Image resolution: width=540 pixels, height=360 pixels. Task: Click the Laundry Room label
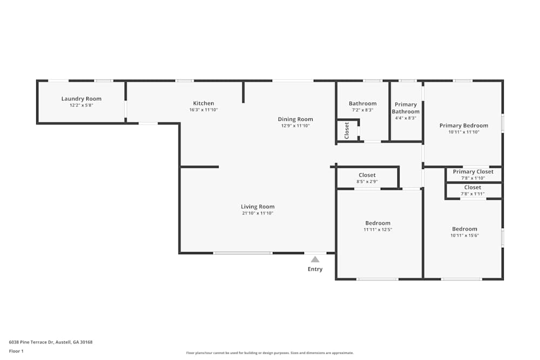pos(82,99)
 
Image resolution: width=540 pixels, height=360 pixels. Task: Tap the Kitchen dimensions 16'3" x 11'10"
pos(204,110)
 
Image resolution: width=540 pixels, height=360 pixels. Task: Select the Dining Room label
pos(295,119)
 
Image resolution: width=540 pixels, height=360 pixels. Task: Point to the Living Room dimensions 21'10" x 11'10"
pos(258,213)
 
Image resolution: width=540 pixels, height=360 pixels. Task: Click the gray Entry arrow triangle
pos(315,259)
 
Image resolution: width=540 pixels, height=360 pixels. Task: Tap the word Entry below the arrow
pos(315,269)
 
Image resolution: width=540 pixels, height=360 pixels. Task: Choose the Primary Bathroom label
pos(406,108)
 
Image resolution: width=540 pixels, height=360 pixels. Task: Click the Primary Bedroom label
pos(464,126)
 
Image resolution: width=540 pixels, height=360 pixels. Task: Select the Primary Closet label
pos(473,172)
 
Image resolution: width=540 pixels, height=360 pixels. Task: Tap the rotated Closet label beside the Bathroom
pos(347,131)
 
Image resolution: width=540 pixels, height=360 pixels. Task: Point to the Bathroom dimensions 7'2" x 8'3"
pos(363,110)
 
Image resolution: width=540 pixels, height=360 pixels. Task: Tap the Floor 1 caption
pos(16,351)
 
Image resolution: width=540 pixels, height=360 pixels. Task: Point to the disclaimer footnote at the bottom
pos(270,353)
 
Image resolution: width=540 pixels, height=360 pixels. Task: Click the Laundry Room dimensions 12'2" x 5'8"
pos(82,105)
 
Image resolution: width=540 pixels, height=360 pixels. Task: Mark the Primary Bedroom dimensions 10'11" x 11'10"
pos(464,132)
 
